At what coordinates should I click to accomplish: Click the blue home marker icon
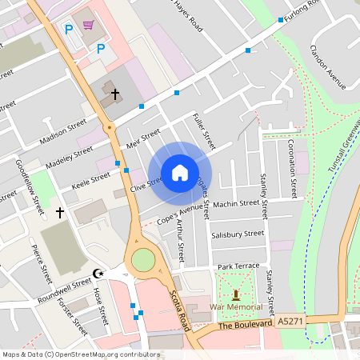(x=180, y=173)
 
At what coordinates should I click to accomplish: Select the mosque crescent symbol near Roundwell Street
(x=99, y=274)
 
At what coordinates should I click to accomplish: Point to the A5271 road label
(x=290, y=321)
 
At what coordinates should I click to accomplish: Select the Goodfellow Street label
(x=30, y=186)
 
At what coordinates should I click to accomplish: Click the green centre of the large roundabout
(x=142, y=259)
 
